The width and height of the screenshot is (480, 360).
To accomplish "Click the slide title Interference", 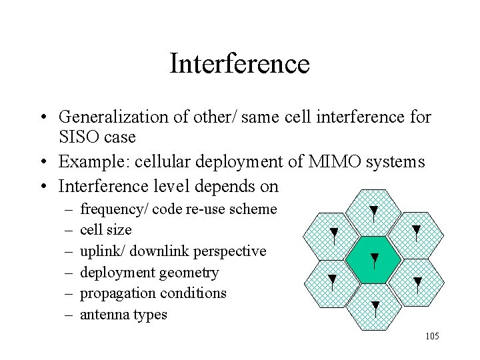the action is point(240,64).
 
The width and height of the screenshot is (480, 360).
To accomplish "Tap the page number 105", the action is point(431,336).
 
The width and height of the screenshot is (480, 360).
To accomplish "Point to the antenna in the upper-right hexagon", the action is point(416,233).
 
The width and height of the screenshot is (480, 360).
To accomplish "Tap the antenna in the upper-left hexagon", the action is point(333,235).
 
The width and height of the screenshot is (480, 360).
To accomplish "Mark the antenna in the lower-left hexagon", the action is point(332,282).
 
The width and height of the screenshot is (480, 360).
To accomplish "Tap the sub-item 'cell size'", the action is point(105,230).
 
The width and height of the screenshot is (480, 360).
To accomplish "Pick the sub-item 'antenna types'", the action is point(123,315).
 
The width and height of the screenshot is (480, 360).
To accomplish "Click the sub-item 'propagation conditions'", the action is point(153,293).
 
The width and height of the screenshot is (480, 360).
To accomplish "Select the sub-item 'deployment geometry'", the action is point(149,272).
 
